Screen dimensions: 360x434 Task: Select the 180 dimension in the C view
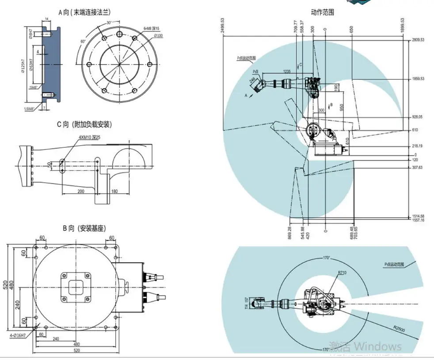tap(115, 191)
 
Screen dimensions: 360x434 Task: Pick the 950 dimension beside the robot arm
tap(342, 107)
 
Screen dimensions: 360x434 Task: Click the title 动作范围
tap(322, 12)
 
